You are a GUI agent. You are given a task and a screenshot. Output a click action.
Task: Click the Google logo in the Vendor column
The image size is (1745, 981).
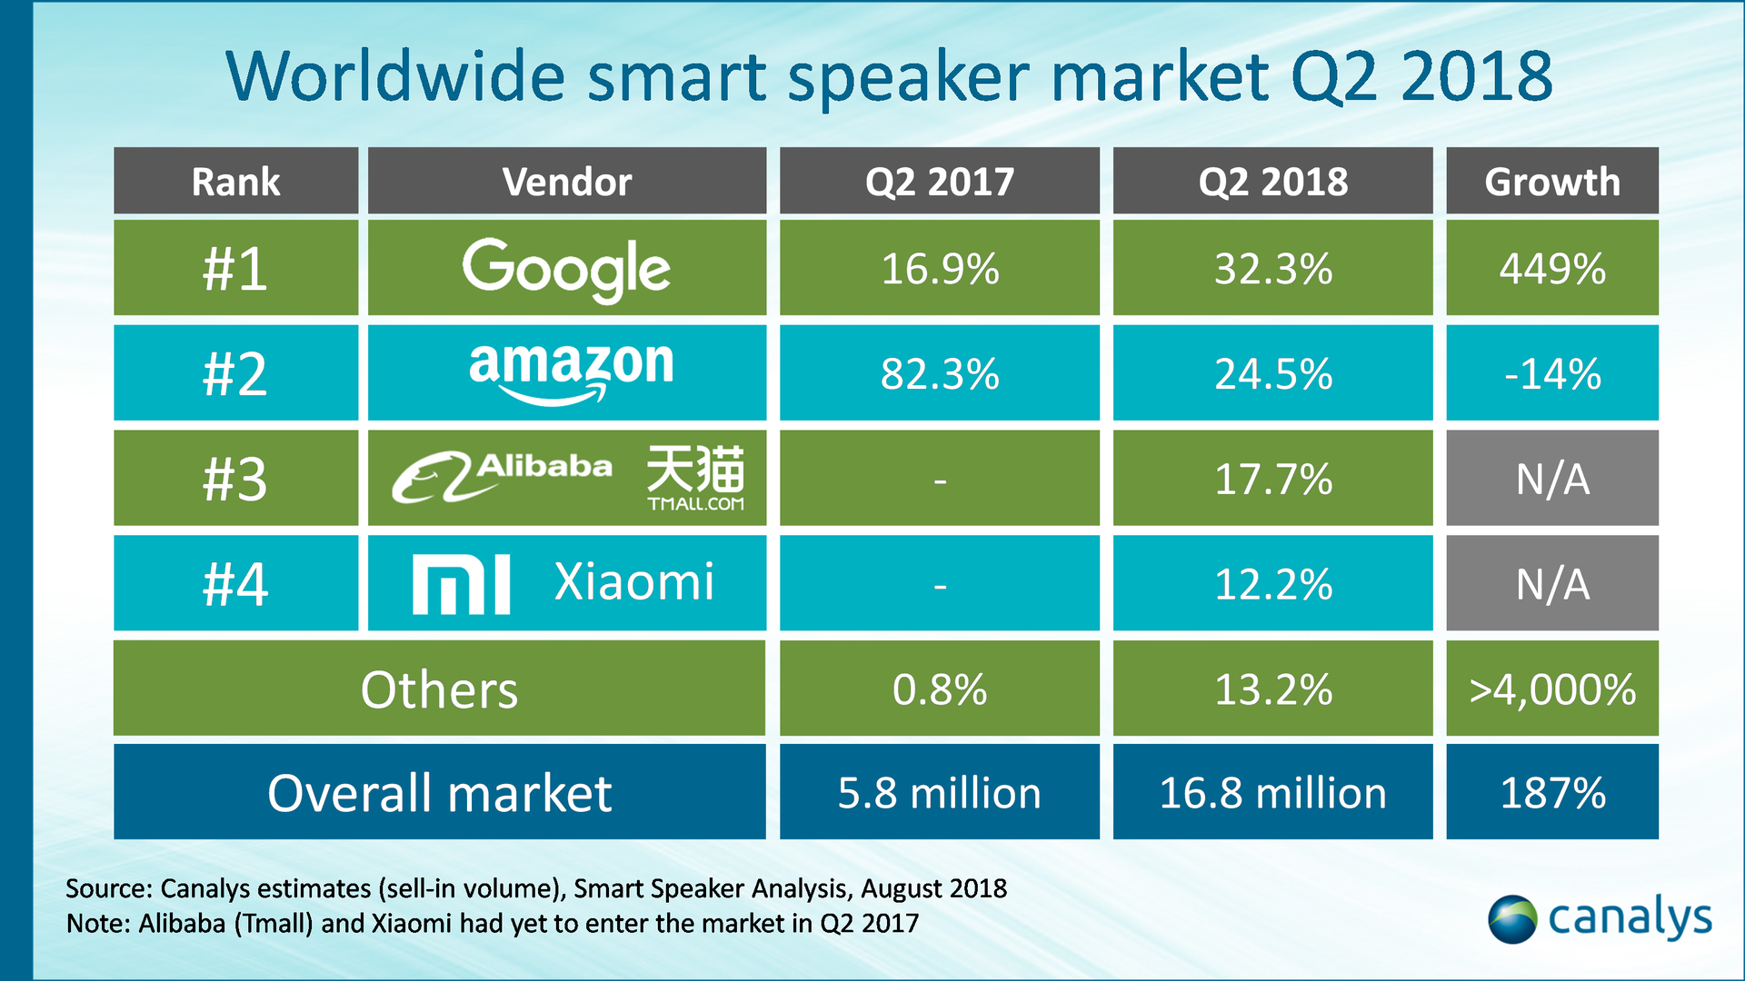pyautogui.click(x=566, y=269)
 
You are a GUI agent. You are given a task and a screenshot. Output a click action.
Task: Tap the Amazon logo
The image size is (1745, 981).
pyautogui.click(x=571, y=372)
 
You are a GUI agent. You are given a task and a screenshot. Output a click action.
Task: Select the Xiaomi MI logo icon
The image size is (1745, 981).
pyautogui.click(x=461, y=585)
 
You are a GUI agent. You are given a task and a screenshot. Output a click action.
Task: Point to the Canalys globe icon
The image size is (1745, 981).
pyautogui.click(x=1511, y=919)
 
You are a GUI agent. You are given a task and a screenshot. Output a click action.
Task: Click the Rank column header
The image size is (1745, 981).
pyautogui.click(x=235, y=182)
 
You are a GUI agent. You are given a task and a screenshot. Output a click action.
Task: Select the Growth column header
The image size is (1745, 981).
pyautogui.click(x=1551, y=182)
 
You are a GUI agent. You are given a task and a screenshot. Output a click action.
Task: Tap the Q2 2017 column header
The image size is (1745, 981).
pyautogui.click(x=939, y=182)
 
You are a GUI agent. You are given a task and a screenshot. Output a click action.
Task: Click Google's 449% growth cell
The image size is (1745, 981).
pyautogui.click(x=1551, y=269)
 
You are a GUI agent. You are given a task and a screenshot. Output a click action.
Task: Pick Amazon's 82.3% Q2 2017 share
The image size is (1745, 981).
pyautogui.click(x=939, y=373)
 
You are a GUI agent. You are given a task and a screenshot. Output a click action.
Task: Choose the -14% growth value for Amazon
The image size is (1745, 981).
pyautogui.click(x=1551, y=373)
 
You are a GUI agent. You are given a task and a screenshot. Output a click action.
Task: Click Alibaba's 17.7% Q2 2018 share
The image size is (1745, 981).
pyautogui.click(x=1272, y=479)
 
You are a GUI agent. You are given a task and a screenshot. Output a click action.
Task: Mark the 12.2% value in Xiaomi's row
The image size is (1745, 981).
pyautogui.click(x=1272, y=584)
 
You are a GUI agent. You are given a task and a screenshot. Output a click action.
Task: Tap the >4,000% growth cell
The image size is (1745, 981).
pyautogui.click(x=1551, y=689)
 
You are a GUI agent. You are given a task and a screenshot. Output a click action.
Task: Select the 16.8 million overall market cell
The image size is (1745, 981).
pyautogui.click(x=1272, y=793)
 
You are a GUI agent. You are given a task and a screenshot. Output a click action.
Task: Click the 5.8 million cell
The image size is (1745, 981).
pyautogui.click(x=939, y=793)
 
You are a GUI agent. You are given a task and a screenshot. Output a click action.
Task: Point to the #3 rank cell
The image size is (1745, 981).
pyautogui.click(x=235, y=479)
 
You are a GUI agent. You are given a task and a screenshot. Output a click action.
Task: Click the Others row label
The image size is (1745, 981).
pyautogui.click(x=439, y=689)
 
